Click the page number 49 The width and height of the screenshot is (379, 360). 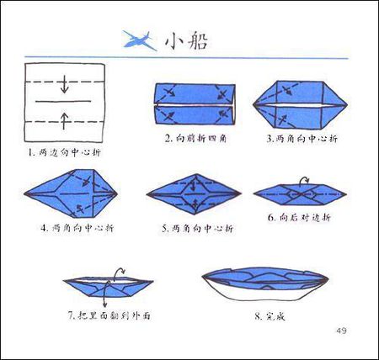341,329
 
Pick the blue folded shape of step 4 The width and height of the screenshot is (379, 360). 71,193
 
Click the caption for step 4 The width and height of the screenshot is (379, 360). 77,228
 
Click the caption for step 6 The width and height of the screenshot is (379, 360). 300,218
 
